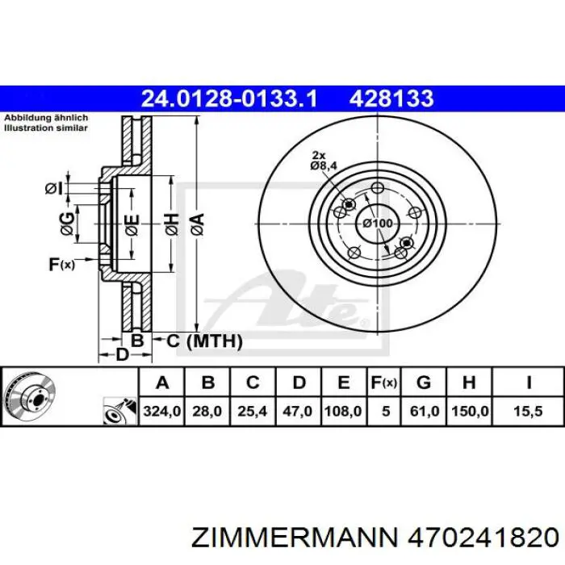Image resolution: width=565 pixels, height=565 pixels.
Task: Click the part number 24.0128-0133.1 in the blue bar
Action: (x=229, y=98)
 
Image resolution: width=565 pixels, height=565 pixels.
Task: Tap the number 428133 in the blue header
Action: (x=391, y=98)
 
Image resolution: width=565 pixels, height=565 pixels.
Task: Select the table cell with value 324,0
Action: (x=161, y=411)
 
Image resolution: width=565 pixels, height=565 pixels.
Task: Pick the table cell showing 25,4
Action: (x=252, y=411)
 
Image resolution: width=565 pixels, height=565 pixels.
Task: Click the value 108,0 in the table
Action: (x=343, y=411)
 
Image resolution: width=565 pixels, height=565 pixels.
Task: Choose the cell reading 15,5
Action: (x=528, y=411)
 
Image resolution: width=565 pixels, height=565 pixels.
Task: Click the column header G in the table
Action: (x=424, y=382)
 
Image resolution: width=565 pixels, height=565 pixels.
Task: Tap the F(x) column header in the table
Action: (x=384, y=382)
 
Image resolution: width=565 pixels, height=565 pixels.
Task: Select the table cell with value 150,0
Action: (x=470, y=411)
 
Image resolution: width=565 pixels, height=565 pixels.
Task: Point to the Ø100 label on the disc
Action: (x=377, y=224)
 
